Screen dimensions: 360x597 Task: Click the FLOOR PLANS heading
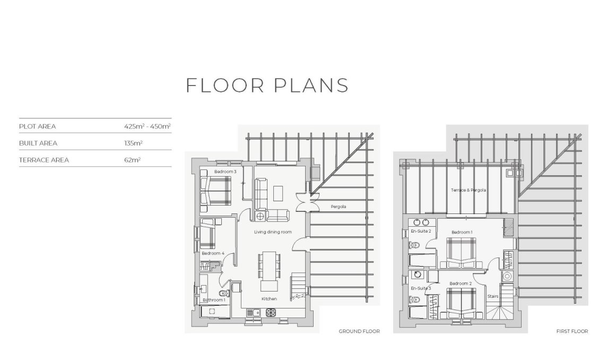[267, 85]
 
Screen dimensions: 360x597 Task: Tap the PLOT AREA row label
[37, 126]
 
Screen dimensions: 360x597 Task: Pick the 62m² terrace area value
[132, 160]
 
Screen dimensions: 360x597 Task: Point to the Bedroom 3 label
[225, 172]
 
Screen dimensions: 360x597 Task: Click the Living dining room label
[273, 232]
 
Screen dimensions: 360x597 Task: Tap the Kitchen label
[269, 299]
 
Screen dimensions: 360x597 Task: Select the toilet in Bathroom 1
[223, 293]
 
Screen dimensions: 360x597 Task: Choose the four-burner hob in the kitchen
[270, 313]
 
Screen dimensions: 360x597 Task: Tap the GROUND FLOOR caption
[359, 331]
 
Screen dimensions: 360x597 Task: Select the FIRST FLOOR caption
[572, 331]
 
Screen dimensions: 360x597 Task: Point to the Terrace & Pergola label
[468, 190]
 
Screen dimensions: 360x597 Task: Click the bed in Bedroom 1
[461, 253]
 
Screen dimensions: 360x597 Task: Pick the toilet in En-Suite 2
[415, 245]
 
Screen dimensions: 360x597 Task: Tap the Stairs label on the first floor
[493, 296]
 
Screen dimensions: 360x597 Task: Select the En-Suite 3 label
[420, 288]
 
